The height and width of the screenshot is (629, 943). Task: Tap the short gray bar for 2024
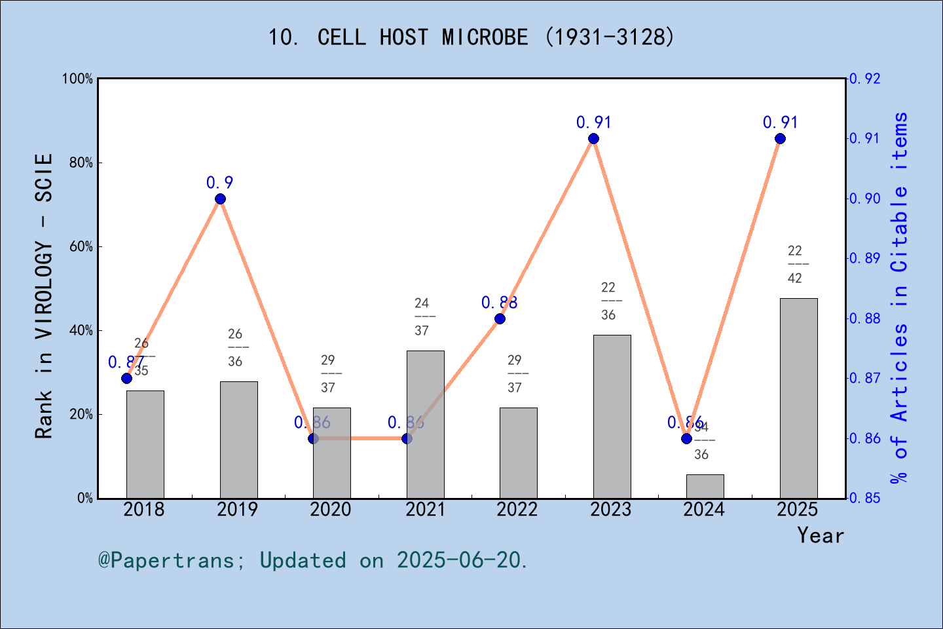pyautogui.click(x=705, y=486)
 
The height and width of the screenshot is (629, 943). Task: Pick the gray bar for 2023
pyautogui.click(x=612, y=416)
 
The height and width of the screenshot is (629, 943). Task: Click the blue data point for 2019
pyautogui.click(x=220, y=199)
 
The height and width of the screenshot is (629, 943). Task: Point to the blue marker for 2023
pyautogui.click(x=593, y=138)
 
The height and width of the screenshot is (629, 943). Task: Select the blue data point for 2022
pyautogui.click(x=500, y=318)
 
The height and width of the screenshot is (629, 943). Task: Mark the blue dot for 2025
pyautogui.click(x=780, y=138)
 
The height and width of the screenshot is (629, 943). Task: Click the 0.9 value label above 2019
pyautogui.click(x=220, y=183)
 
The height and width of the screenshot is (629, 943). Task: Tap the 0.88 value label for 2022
pyautogui.click(x=500, y=303)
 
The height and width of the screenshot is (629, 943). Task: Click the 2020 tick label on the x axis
pyautogui.click(x=331, y=510)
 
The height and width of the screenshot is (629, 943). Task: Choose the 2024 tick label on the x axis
pyautogui.click(x=704, y=510)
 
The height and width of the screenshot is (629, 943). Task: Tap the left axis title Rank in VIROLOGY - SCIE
pyautogui.click(x=44, y=296)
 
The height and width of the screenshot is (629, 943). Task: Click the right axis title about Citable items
pyautogui.click(x=900, y=298)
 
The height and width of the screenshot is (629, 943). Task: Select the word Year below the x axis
pyautogui.click(x=821, y=535)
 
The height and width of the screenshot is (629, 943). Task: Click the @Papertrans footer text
pyautogui.click(x=313, y=560)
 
